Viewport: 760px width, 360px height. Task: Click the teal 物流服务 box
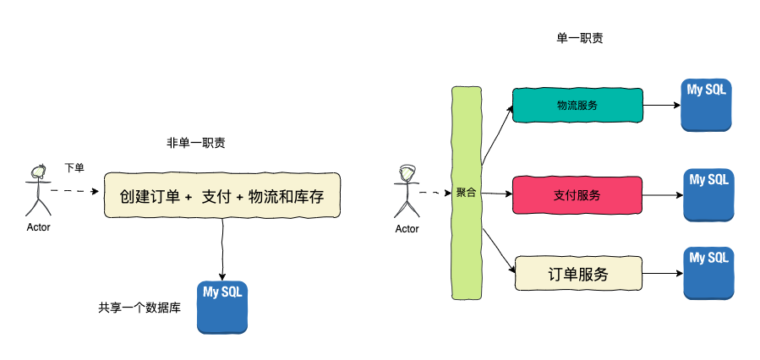(x=577, y=106)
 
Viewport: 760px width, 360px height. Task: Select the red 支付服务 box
(x=577, y=195)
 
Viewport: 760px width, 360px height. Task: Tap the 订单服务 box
(x=577, y=274)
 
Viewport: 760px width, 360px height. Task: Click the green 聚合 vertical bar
(x=466, y=193)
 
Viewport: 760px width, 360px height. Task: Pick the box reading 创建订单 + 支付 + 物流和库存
(x=221, y=195)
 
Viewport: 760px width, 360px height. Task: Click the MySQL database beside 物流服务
(x=706, y=106)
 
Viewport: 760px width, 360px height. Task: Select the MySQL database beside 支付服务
(x=708, y=195)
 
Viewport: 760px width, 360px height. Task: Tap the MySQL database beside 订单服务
(x=708, y=272)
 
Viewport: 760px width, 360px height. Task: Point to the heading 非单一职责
(x=195, y=143)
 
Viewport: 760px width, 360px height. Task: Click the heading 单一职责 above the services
(x=579, y=38)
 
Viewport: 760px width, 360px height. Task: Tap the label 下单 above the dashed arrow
(x=74, y=168)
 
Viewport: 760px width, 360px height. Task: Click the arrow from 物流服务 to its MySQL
(x=662, y=106)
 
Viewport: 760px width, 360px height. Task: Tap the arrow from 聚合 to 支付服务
(x=497, y=194)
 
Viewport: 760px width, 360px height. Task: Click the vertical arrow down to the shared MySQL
(x=221, y=248)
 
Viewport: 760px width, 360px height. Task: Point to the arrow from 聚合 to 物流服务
(x=497, y=135)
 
